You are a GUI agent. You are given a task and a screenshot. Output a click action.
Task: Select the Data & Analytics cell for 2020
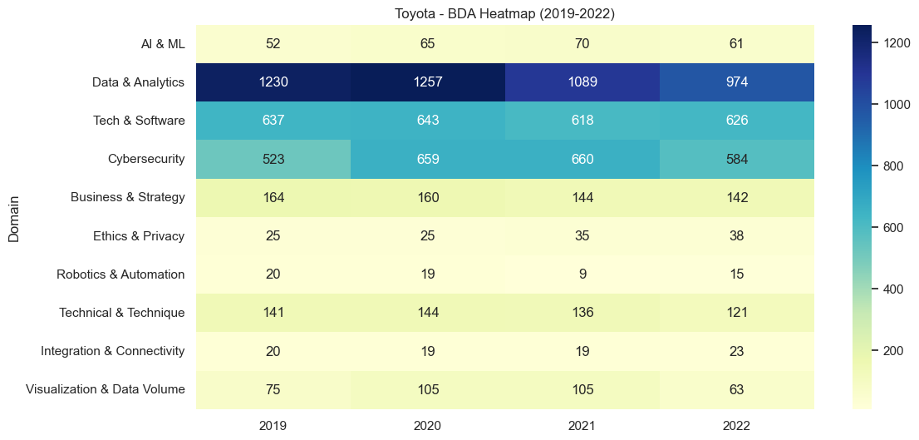tap(427, 82)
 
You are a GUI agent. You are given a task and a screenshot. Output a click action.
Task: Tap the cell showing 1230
tap(273, 82)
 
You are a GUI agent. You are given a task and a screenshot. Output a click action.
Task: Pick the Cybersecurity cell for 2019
tap(273, 159)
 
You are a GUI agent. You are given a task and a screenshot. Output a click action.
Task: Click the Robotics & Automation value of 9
tap(582, 274)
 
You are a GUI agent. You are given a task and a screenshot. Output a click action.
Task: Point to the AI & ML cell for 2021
tap(582, 44)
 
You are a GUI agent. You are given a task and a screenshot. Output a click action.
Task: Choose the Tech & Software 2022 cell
tap(736, 121)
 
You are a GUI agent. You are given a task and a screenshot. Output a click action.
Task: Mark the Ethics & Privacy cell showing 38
tap(736, 236)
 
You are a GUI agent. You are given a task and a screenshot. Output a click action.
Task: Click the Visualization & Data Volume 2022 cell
tap(736, 389)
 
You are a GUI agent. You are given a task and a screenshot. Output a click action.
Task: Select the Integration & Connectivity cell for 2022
tap(736, 351)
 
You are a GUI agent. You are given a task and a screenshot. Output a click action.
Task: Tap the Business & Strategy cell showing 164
tap(273, 198)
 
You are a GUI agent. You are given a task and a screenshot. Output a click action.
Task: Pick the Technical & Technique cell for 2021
tap(582, 313)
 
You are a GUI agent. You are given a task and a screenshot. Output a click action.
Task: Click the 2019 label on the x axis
tap(273, 425)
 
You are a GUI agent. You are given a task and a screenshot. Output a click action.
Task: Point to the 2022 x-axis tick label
tap(736, 425)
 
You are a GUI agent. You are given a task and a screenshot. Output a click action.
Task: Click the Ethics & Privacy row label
tap(139, 236)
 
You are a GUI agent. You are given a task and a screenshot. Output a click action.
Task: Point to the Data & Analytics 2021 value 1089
tap(582, 82)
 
